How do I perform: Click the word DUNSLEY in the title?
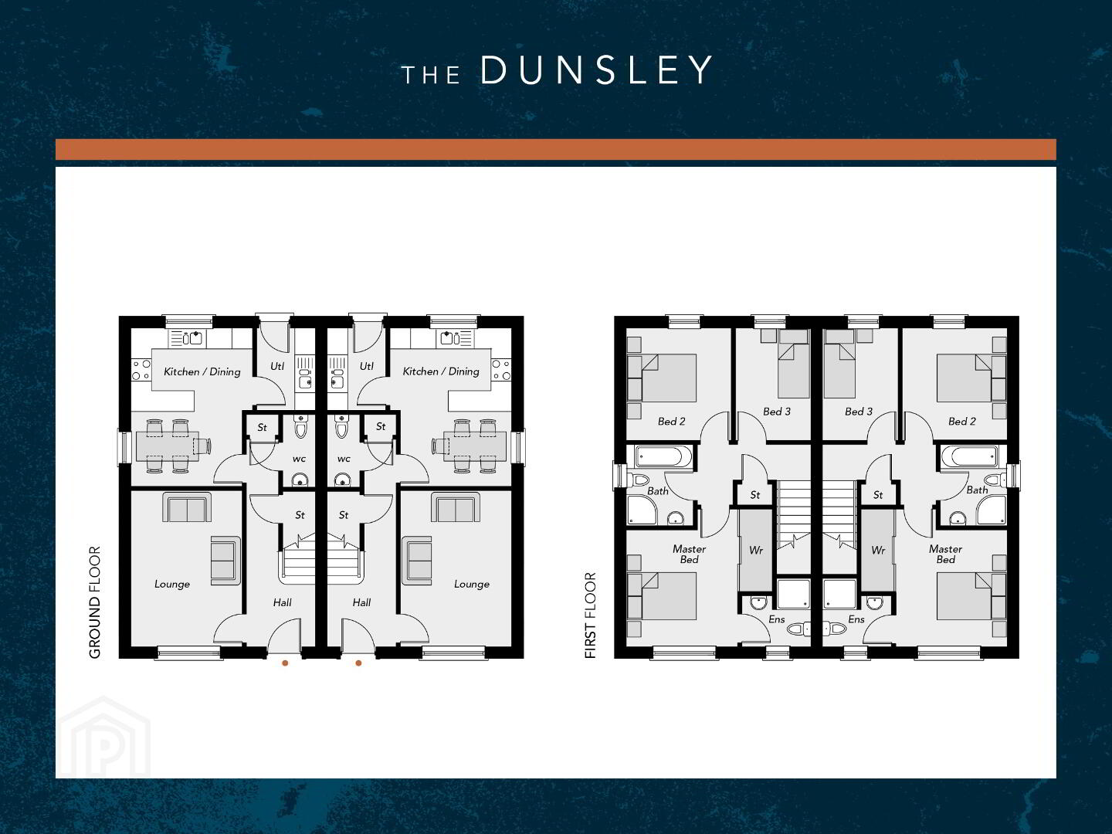(x=596, y=69)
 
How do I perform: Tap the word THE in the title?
(x=431, y=75)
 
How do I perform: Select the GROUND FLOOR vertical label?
(x=95, y=602)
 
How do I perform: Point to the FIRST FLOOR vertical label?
(x=590, y=615)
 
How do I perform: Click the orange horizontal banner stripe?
(x=556, y=149)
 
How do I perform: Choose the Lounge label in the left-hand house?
(x=172, y=584)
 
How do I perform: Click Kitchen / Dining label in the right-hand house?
(x=441, y=371)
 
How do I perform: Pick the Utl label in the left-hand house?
(x=277, y=366)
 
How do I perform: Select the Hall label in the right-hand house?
(x=361, y=602)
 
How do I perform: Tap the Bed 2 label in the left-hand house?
(x=671, y=422)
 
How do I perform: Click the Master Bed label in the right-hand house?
(x=945, y=554)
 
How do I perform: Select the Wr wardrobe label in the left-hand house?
(x=756, y=550)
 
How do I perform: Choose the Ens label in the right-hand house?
(x=856, y=619)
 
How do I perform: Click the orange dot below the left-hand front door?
(x=285, y=663)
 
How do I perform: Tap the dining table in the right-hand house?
(x=475, y=446)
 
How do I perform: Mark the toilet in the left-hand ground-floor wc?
(x=300, y=427)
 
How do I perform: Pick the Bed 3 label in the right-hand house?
(x=859, y=412)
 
